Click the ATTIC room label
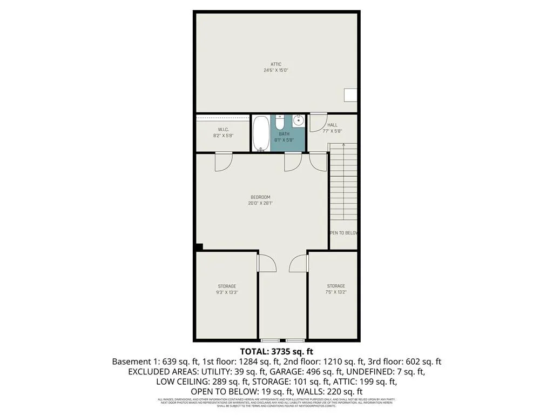click(276, 64)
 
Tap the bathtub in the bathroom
click(261, 133)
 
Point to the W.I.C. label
click(224, 130)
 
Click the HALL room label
click(332, 125)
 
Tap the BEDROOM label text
click(260, 197)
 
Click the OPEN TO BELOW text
click(344, 233)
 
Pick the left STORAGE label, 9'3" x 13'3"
click(227, 286)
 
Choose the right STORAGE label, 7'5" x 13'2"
click(335, 286)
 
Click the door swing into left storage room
click(267, 263)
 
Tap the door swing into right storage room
click(298, 263)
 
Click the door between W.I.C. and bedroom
click(223, 162)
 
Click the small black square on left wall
click(199, 247)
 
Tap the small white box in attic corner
click(350, 95)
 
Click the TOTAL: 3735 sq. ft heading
click(276, 351)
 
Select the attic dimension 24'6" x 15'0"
click(276, 70)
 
